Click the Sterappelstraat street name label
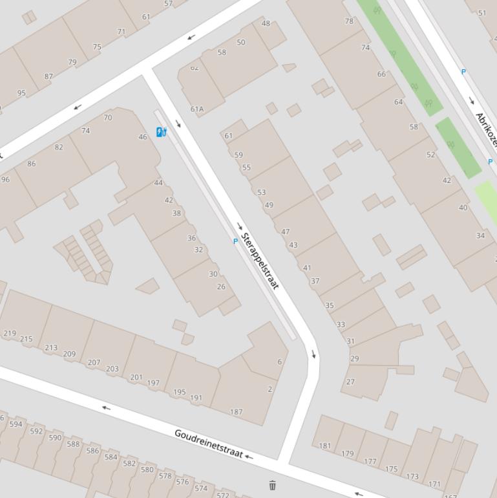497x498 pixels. click(x=260, y=261)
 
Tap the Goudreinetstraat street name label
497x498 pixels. click(x=208, y=444)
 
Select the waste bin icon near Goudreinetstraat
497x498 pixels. click(x=272, y=485)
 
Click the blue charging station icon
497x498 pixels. click(x=162, y=133)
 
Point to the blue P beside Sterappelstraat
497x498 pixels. click(x=235, y=241)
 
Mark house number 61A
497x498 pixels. click(x=197, y=109)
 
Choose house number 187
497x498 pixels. click(x=236, y=412)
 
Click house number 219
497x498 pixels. click(x=10, y=334)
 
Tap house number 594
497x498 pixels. click(x=16, y=425)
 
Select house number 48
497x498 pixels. click(x=266, y=23)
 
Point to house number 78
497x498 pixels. click(x=349, y=21)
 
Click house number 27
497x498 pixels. click(x=350, y=382)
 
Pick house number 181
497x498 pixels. click(x=325, y=446)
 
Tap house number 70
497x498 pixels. click(x=107, y=118)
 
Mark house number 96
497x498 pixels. click(x=6, y=180)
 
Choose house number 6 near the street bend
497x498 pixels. click(x=280, y=362)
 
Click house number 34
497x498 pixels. click(x=480, y=235)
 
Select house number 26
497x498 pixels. click(x=221, y=287)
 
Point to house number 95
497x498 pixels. click(x=21, y=93)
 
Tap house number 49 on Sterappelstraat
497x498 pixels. click(x=269, y=206)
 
